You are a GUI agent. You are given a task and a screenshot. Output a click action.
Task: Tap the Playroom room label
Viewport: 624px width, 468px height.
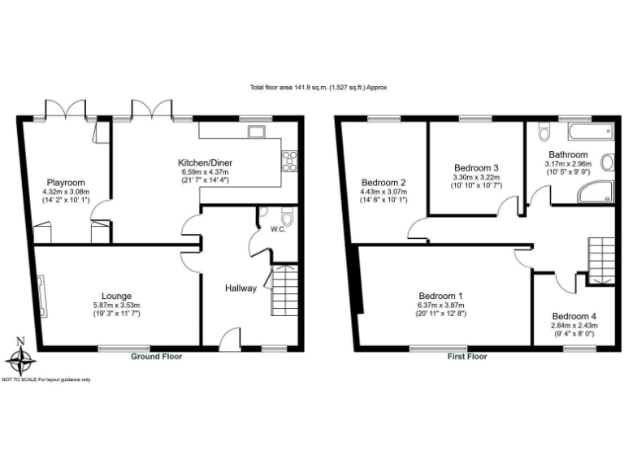66,182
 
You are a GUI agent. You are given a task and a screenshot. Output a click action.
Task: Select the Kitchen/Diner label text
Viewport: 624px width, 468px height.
202,162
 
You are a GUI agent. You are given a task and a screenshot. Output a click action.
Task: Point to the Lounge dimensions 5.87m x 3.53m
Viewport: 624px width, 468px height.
116,305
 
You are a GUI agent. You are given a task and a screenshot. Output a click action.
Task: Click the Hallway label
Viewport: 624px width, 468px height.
241,288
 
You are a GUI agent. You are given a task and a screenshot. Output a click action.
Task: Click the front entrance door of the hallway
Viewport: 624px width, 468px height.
230,340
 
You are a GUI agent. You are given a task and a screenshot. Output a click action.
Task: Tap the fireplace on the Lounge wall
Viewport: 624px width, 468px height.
43,296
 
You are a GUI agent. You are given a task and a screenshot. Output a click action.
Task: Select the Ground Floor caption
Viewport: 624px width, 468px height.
157,357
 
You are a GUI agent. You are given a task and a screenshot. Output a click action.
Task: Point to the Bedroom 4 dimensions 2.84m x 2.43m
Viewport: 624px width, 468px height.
575,325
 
